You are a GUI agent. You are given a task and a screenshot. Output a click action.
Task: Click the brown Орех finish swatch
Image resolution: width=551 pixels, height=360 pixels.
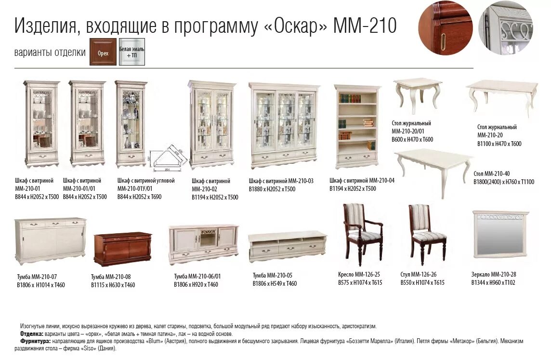point(103,52)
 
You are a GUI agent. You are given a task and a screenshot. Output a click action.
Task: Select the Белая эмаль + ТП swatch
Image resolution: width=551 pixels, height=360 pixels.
point(132,52)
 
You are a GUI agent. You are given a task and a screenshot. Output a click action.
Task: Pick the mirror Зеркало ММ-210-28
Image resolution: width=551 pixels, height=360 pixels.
point(500,233)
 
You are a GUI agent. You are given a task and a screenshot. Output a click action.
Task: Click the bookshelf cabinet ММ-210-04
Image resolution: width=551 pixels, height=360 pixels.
point(356,126)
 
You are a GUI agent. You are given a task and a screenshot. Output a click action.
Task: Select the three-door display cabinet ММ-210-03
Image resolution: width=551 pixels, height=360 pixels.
point(284,125)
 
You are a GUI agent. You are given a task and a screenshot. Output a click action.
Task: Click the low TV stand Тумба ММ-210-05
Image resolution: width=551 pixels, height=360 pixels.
point(287,245)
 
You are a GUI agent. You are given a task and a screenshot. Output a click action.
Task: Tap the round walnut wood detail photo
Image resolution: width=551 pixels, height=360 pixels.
point(445,28)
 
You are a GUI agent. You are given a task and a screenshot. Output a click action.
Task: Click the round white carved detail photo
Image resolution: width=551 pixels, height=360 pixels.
point(506,28)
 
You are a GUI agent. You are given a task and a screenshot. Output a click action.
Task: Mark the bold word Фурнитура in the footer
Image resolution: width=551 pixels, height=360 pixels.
point(35,341)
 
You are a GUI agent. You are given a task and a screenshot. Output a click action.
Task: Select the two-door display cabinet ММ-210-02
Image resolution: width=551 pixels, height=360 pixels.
point(211,124)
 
